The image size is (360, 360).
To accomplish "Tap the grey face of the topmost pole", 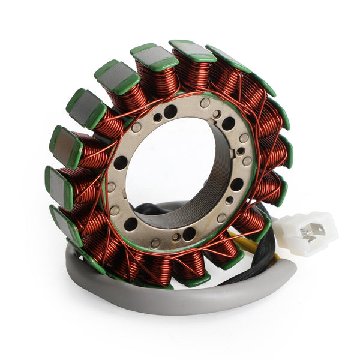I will pos(191,51).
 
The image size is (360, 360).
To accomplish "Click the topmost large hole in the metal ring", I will pos(170,111).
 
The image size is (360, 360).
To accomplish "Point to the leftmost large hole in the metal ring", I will pos(121,163).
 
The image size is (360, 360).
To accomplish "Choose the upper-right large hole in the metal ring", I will pos(229,124).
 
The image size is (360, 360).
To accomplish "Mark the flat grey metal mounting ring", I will pos(114,186).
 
